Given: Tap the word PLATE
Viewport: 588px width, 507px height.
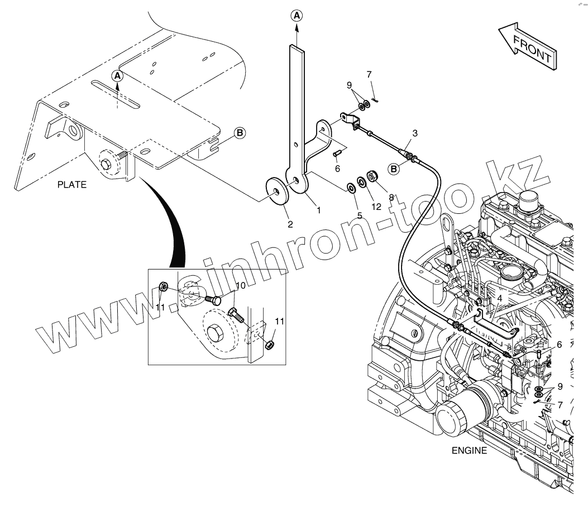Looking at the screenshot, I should (x=72, y=185).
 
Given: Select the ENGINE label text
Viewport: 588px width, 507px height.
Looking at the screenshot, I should (x=470, y=451).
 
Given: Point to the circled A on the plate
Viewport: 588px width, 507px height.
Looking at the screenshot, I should (x=117, y=75).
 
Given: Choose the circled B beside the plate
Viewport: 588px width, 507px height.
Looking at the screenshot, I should (x=239, y=132).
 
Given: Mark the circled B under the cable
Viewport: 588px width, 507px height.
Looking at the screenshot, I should (x=394, y=168).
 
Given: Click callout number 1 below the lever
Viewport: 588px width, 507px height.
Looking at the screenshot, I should (x=318, y=211).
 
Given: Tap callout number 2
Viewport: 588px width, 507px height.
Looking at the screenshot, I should (x=290, y=224).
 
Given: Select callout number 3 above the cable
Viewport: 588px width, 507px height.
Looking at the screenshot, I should (x=414, y=133).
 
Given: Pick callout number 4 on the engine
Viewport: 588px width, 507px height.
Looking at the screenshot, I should (x=500, y=298).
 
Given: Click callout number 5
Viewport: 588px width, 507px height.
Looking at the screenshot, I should (x=360, y=216).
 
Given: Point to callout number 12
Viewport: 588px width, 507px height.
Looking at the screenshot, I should (x=376, y=207).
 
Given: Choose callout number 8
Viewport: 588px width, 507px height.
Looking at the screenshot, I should (x=391, y=197).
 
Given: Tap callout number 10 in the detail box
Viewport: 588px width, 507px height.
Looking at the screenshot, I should (x=240, y=286).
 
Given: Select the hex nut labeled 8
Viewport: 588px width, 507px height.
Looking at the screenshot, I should (x=372, y=176).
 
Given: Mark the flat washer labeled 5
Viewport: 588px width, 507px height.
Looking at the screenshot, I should (x=351, y=187).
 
